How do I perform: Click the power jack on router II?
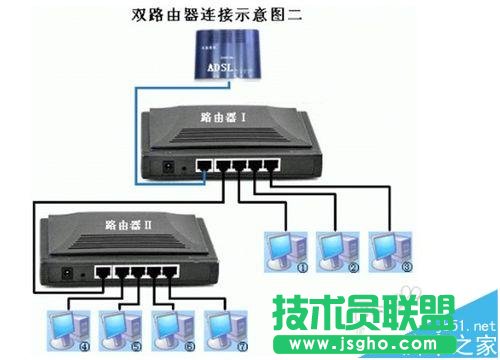(x=67, y=271)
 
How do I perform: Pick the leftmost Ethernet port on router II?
(x=100, y=271)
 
